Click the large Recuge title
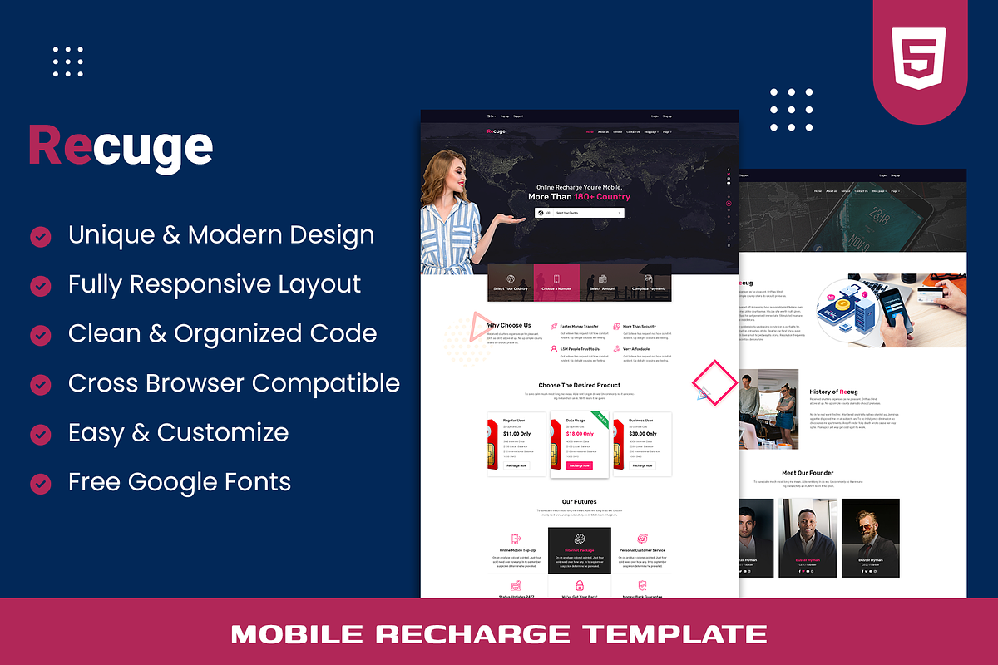[x=121, y=146]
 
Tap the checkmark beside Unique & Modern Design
[x=40, y=237]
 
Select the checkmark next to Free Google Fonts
[x=40, y=483]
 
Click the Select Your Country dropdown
[x=580, y=213]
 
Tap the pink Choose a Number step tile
[x=556, y=283]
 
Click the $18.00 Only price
[x=580, y=434]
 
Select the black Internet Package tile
[x=580, y=549]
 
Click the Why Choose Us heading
[x=509, y=325]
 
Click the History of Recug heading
[x=833, y=392]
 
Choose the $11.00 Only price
[x=516, y=434]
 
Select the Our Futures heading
[x=579, y=502]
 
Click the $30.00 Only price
[x=642, y=434]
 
